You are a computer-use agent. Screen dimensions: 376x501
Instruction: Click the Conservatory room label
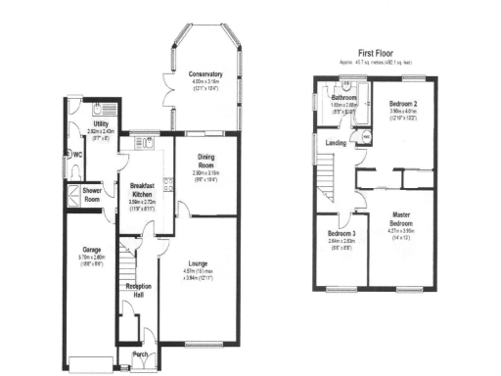206,73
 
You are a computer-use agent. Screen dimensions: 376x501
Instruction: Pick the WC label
76,156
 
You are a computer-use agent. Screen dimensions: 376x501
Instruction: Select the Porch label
140,353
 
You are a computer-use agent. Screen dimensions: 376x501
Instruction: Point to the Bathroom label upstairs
343,98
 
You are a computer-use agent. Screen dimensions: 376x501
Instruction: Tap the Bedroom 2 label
403,104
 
